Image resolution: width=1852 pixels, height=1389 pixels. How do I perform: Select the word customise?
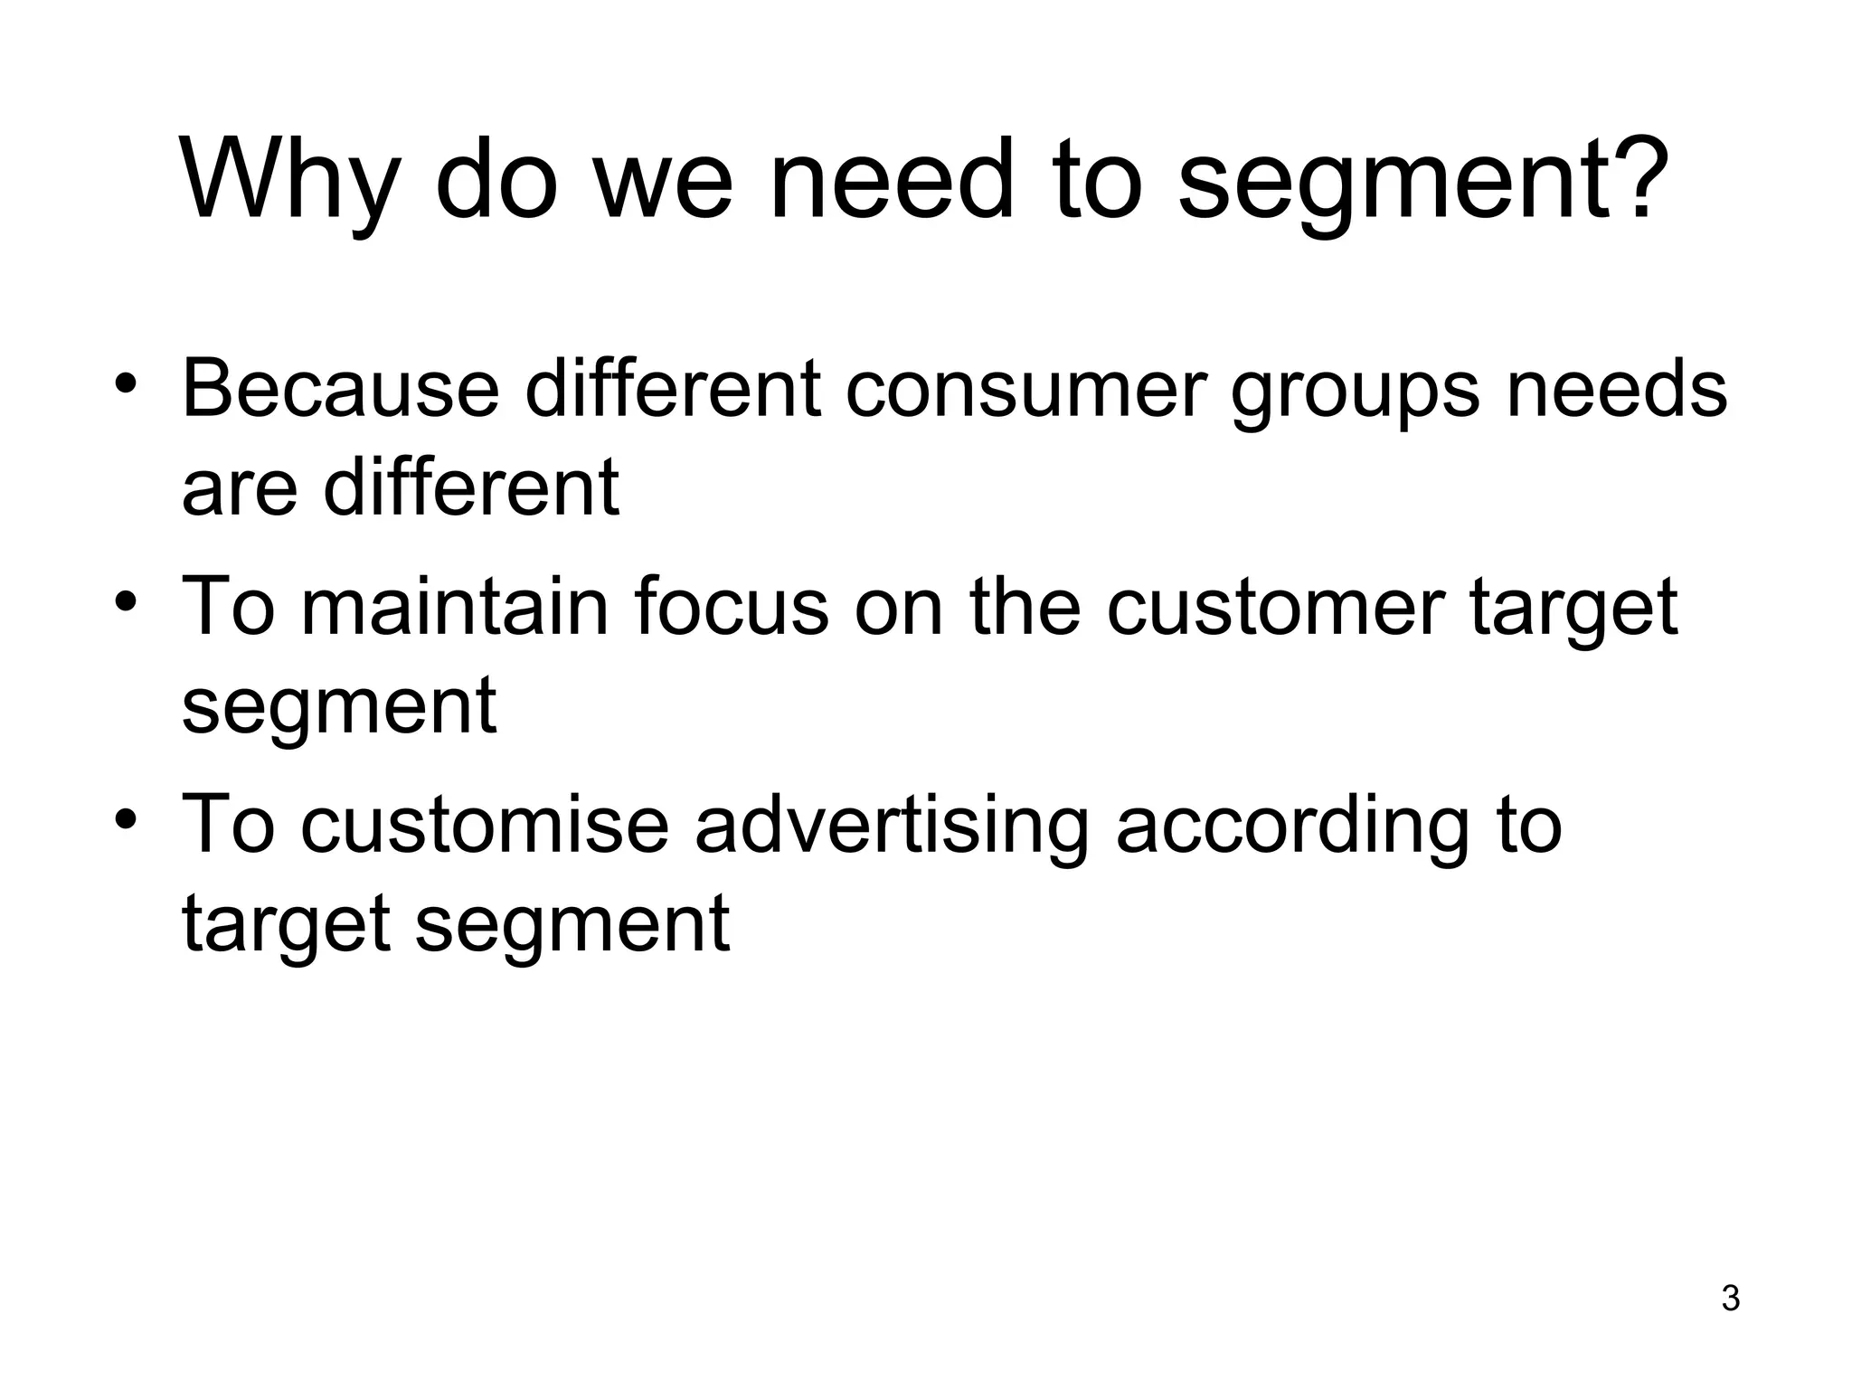tap(485, 825)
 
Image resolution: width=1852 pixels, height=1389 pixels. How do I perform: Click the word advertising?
tap(892, 827)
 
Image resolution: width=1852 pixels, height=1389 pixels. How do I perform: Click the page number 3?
tap(1730, 1299)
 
